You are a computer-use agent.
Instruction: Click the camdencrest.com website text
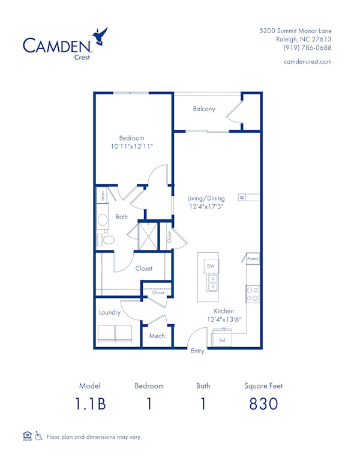307,62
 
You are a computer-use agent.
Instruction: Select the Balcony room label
204,109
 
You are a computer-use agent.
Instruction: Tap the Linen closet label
103,195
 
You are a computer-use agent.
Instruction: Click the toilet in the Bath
107,240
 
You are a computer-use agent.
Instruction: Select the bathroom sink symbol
103,220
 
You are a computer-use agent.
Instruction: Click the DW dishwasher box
211,265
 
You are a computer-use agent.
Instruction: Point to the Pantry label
253,259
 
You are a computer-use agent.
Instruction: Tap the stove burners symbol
253,294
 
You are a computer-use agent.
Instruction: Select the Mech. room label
157,336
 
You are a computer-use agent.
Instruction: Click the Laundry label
110,312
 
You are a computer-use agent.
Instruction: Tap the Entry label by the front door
197,351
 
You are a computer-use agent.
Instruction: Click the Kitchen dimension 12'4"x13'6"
224,319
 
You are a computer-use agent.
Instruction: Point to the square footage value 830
263,404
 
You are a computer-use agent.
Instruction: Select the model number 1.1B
90,404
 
